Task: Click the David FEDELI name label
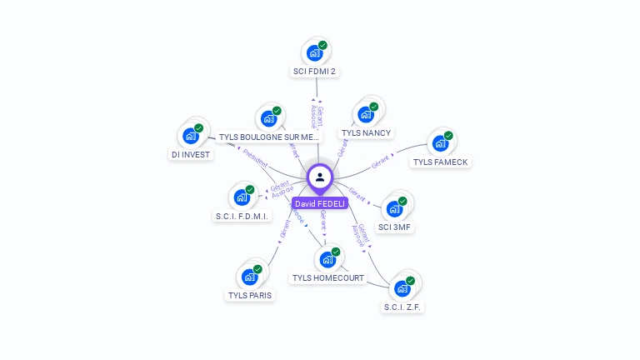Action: [x=319, y=204]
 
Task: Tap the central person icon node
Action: [x=320, y=177]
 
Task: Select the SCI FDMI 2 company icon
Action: [x=314, y=53]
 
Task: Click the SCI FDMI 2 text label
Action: [x=314, y=72]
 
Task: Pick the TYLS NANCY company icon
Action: [x=365, y=115]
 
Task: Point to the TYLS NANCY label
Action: [x=366, y=133]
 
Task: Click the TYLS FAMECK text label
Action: [x=441, y=162]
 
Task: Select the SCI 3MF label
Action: [x=395, y=227]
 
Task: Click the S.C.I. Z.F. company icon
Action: [x=402, y=288]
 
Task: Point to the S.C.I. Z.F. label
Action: [x=403, y=307]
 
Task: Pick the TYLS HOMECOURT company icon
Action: [x=327, y=259]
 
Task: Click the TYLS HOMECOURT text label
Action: [x=328, y=277]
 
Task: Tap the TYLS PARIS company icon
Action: [x=249, y=277]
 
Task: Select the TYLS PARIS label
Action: [x=249, y=295]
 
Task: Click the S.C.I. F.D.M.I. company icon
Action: [x=241, y=197]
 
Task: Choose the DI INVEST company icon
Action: [x=191, y=136]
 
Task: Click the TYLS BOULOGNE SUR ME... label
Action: [x=268, y=137]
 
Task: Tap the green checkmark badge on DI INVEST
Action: [x=199, y=128]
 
